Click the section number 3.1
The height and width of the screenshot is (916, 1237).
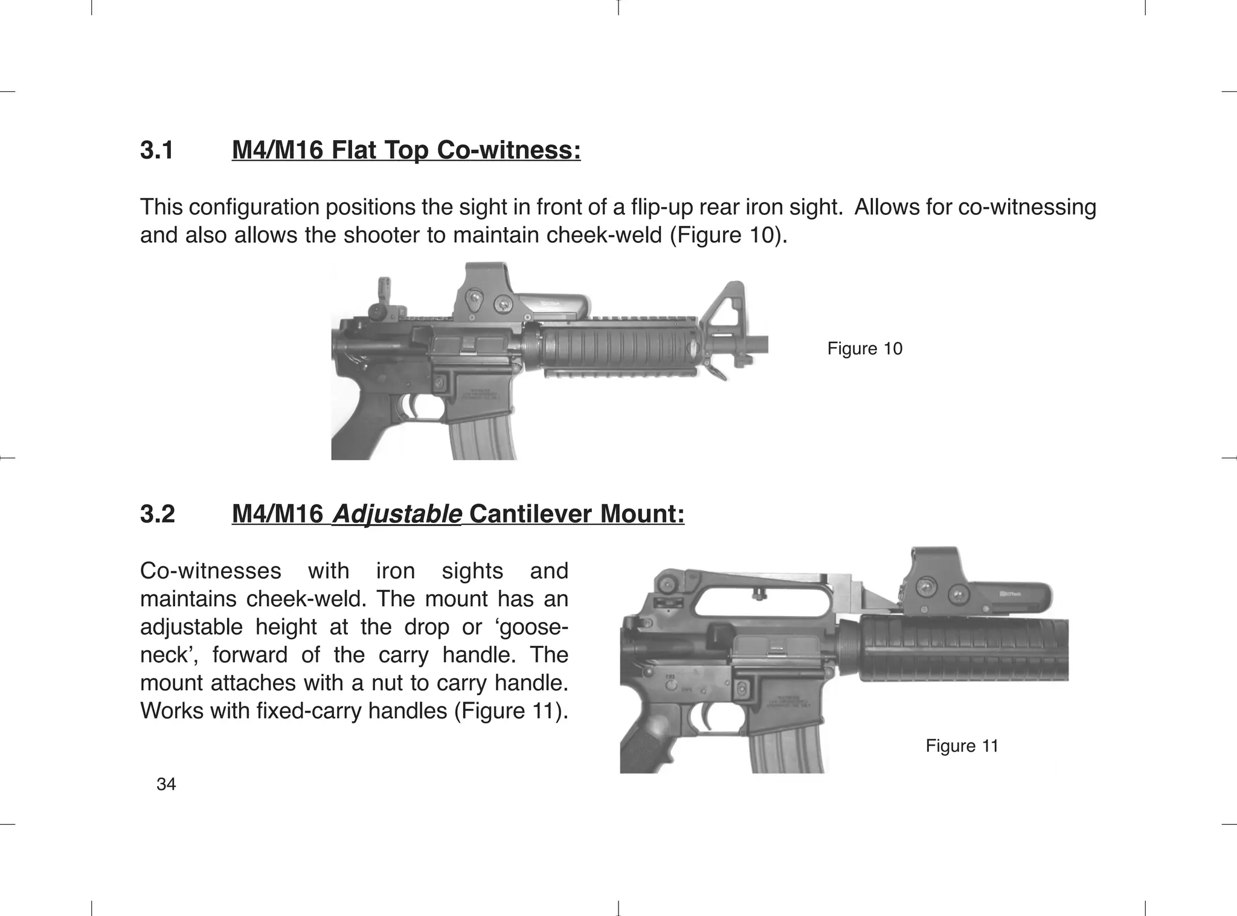tap(156, 150)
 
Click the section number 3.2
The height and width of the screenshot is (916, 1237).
tap(157, 514)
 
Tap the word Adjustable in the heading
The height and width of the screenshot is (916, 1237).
tap(397, 514)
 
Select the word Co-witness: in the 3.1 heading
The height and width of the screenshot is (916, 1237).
tap(508, 150)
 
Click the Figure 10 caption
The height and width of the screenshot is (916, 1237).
tap(864, 348)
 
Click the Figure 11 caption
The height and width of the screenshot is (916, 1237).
tap(962, 746)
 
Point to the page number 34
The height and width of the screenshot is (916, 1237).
tap(166, 784)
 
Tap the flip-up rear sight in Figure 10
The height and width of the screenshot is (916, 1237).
tap(382, 299)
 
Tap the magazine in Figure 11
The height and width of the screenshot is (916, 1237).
tap(785, 749)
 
